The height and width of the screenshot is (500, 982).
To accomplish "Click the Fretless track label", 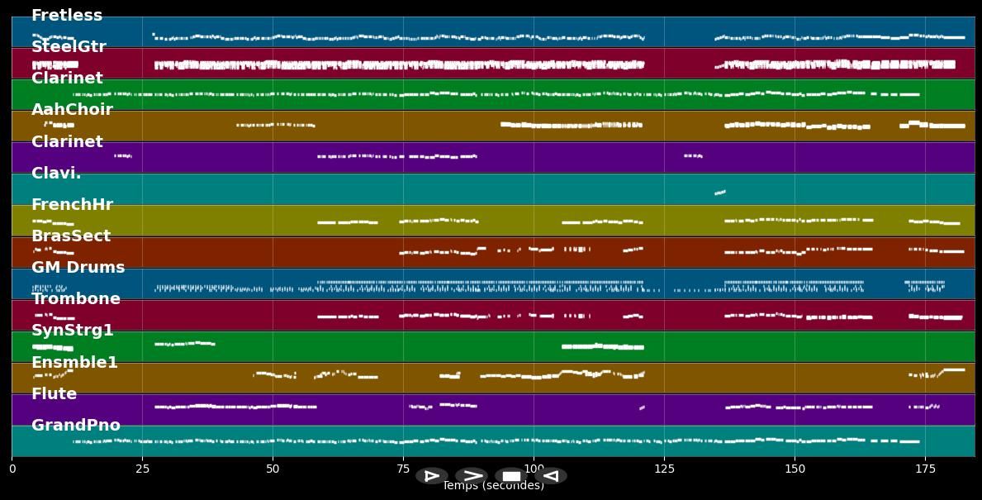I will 67,16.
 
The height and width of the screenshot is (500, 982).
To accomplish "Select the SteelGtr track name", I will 69,47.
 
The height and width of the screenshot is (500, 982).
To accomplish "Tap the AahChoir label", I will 72,110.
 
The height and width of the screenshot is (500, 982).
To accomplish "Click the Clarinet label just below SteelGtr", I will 67,79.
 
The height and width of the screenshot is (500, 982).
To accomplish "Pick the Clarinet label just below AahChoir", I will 67,142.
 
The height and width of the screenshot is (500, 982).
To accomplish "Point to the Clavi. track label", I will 56,174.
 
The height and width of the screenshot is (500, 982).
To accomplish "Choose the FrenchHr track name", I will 72,205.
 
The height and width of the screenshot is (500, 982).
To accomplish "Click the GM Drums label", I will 78,268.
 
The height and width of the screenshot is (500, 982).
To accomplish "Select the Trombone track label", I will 75,299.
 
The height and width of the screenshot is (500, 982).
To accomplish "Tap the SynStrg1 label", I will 72,331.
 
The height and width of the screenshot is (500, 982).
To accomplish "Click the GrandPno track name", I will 75,426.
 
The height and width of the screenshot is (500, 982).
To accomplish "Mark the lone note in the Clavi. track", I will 719,193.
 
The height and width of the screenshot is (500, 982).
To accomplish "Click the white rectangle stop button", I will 511,476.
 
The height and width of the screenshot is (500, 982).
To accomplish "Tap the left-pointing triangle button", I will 551,476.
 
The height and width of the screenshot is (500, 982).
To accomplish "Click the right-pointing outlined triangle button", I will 431,476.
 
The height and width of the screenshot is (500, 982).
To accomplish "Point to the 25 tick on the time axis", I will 142,469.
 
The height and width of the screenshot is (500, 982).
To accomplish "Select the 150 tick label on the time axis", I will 795,469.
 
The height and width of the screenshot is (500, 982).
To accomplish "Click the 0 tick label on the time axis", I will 12,469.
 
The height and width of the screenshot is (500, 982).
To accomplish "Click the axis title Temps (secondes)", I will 493,487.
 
